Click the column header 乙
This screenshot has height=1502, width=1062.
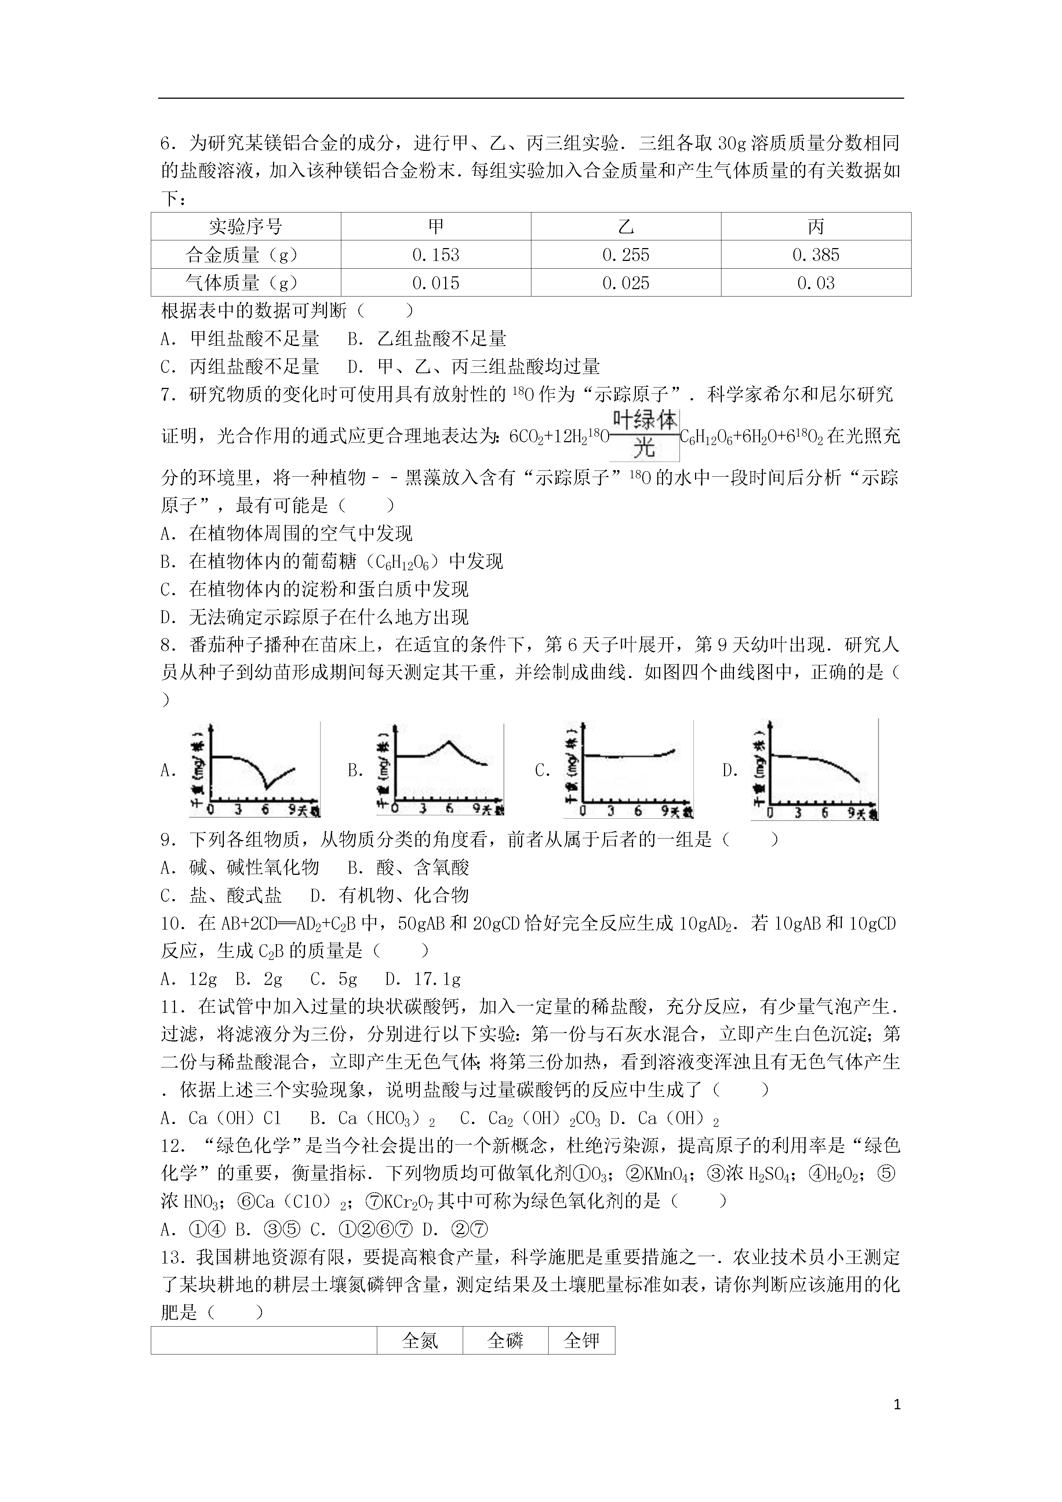(x=626, y=227)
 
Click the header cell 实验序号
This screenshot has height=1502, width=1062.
(x=246, y=227)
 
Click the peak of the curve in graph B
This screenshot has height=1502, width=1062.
(x=449, y=741)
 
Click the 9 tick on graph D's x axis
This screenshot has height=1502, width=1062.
(x=851, y=812)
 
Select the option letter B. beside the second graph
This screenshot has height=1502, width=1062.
(x=355, y=771)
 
